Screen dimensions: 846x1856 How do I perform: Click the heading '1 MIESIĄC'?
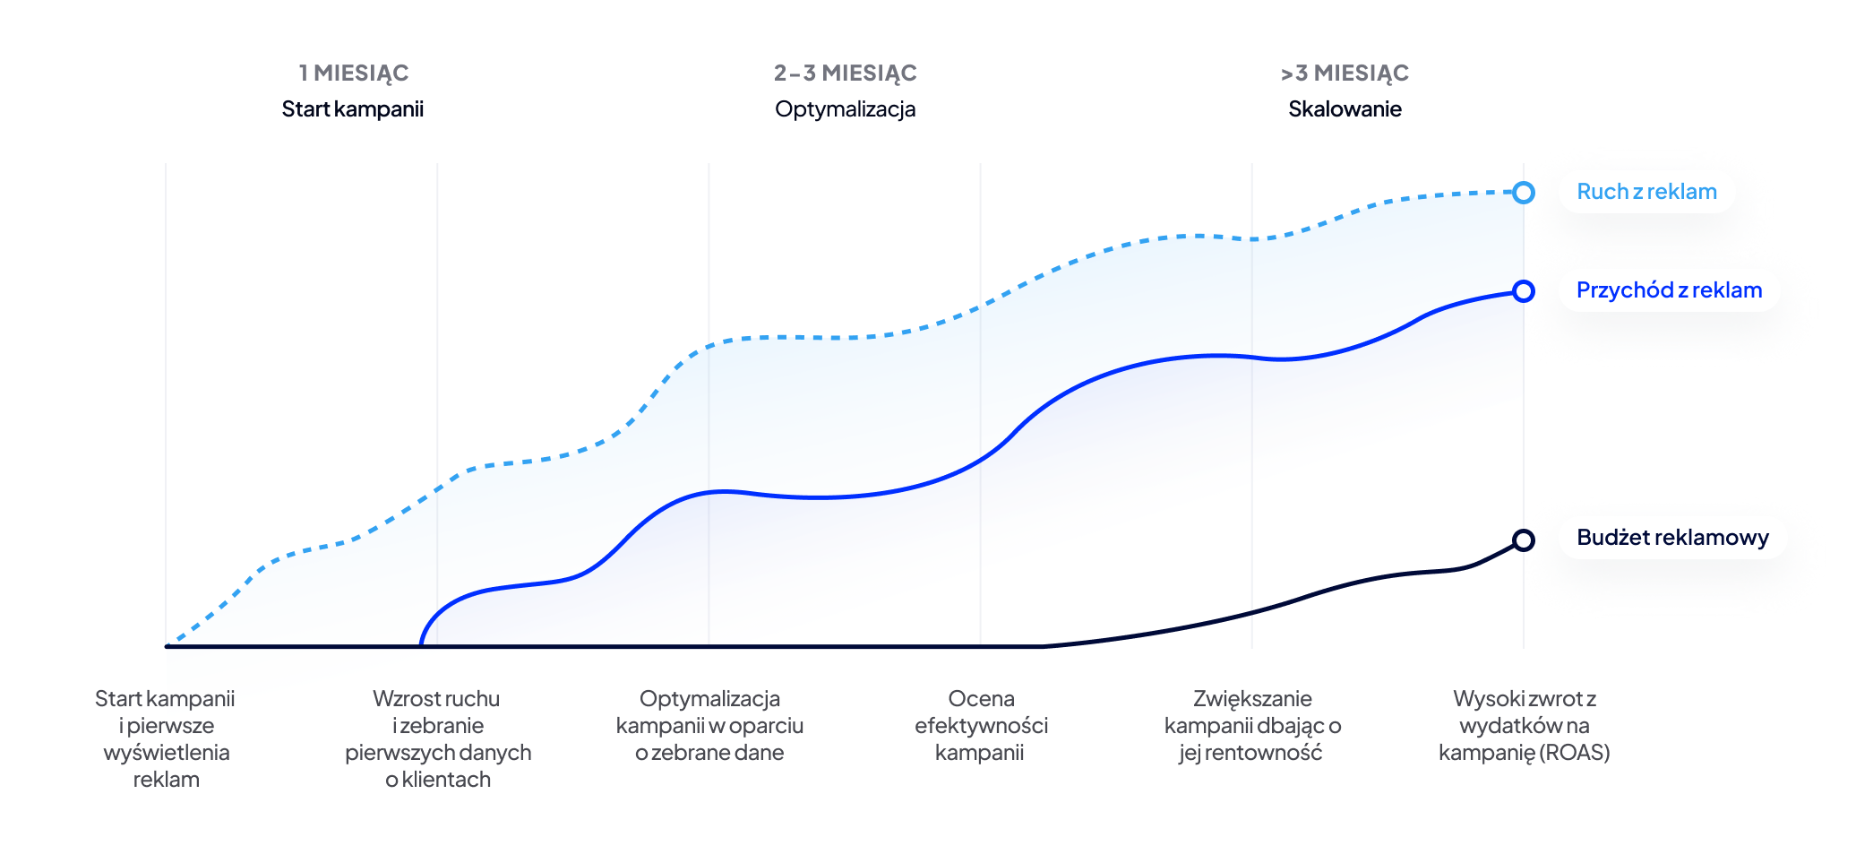tap(354, 73)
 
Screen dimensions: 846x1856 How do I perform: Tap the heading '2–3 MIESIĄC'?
tap(845, 73)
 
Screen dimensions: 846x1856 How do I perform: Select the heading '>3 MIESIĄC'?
tap(1345, 73)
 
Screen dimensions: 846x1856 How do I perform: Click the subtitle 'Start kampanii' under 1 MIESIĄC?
tap(352, 109)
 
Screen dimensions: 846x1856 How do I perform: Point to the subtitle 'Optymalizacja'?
tap(845, 109)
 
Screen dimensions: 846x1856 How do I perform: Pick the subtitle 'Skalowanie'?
tap(1345, 109)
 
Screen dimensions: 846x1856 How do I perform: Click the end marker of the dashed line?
tap(1523, 193)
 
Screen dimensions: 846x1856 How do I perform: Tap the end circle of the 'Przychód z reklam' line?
tap(1523, 291)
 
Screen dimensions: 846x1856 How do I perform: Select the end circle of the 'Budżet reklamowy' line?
tap(1523, 540)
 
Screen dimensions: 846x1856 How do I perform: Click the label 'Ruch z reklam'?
tap(1646, 192)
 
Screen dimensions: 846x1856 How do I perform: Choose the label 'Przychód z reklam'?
tap(1669, 290)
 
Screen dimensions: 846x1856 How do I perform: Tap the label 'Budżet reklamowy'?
tap(1672, 538)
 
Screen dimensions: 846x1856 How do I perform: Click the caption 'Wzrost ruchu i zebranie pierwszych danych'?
tap(438, 738)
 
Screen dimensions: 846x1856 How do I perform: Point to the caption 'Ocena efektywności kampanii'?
tap(981, 725)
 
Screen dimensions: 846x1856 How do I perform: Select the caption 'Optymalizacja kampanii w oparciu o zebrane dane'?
tap(709, 725)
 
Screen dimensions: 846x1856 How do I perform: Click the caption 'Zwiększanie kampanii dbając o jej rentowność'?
tap(1252, 725)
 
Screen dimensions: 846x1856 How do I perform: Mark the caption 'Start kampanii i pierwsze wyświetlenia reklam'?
tap(166, 738)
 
